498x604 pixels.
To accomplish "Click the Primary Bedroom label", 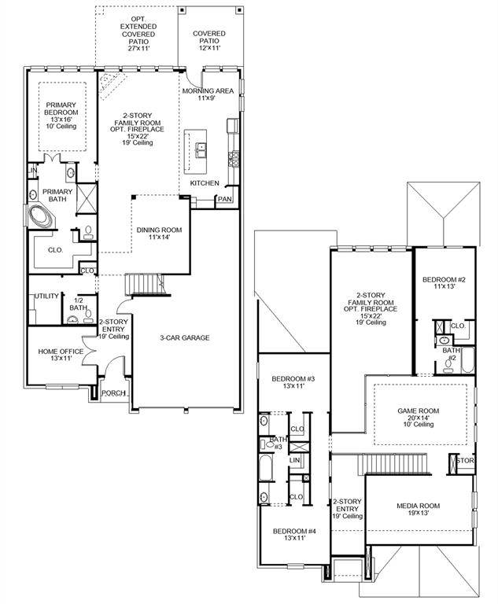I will (61, 115).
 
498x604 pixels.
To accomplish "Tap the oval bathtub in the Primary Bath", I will (38, 215).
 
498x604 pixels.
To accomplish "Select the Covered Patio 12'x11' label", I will (209, 39).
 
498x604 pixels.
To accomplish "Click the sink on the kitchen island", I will (201, 147).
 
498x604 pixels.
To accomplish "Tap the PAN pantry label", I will (225, 200).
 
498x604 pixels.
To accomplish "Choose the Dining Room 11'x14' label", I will (160, 234).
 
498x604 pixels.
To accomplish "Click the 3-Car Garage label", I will (186, 337).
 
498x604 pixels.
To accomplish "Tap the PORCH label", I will (113, 393).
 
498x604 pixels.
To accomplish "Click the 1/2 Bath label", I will (78, 304).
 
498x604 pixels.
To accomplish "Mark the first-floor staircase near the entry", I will (148, 285).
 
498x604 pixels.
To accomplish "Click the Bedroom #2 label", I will (445, 284).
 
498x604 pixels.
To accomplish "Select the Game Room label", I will (418, 416).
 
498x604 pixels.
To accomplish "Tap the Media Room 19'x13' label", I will (418, 510).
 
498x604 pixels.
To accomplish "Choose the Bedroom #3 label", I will (288, 381).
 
